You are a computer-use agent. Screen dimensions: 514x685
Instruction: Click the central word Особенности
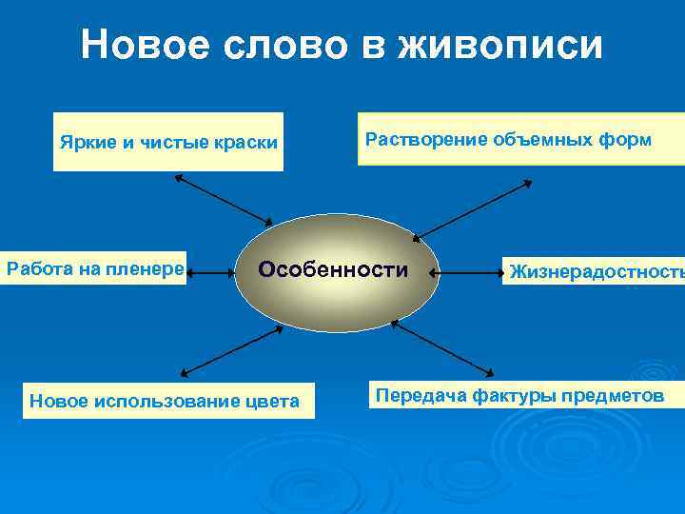click(x=333, y=269)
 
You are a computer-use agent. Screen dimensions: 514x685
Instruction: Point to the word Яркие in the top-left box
click(x=87, y=143)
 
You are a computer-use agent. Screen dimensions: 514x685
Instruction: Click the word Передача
click(x=418, y=394)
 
